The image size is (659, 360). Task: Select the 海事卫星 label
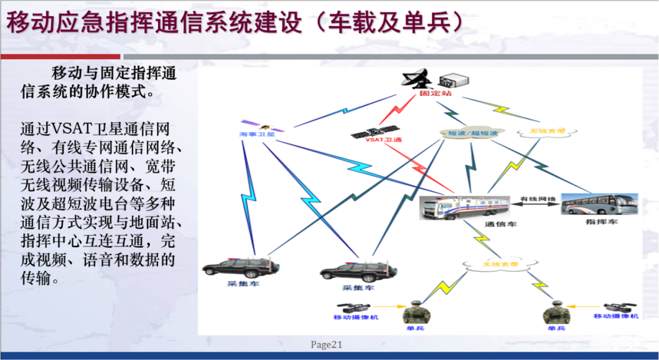tap(257, 133)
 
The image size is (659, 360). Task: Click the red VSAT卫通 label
tap(384, 140)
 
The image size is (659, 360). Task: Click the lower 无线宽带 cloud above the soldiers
tap(500, 264)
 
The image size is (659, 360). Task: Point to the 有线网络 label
tap(538, 199)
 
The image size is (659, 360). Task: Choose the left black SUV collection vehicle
tap(240, 267)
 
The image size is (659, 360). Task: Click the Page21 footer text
tap(326, 345)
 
